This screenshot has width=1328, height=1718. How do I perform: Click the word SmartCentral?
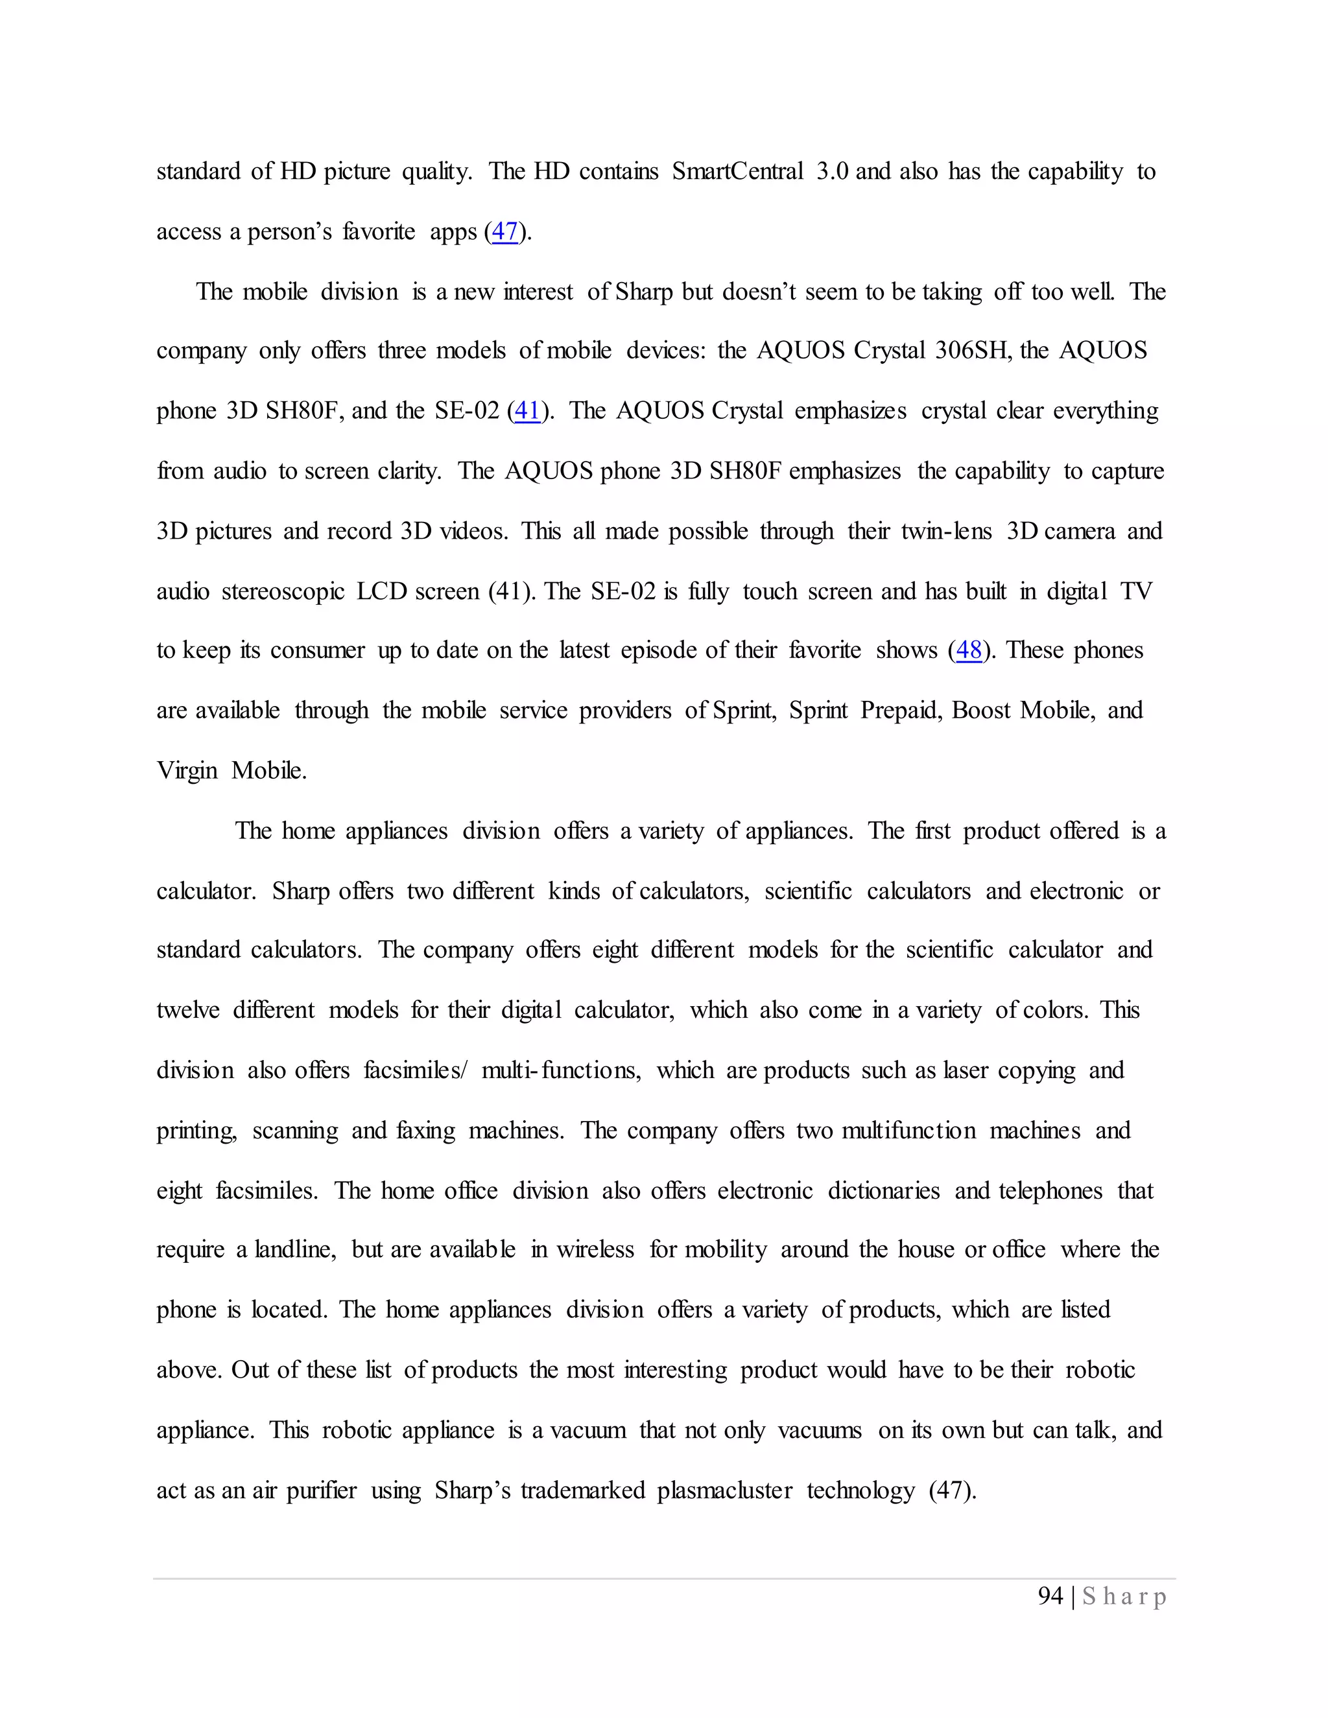click(737, 172)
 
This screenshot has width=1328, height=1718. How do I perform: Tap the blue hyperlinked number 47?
click(504, 232)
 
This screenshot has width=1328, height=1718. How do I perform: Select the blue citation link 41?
click(527, 412)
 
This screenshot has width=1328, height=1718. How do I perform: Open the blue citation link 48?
click(969, 650)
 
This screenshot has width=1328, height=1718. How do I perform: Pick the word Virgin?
click(187, 771)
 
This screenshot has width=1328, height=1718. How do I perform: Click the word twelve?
click(188, 1011)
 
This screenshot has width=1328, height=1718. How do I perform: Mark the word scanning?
click(295, 1131)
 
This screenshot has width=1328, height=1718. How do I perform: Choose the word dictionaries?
click(884, 1191)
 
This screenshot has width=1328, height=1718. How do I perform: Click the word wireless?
click(595, 1251)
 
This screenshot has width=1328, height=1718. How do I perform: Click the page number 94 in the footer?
click(1050, 1597)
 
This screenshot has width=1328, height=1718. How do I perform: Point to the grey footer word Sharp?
click(1124, 1597)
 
